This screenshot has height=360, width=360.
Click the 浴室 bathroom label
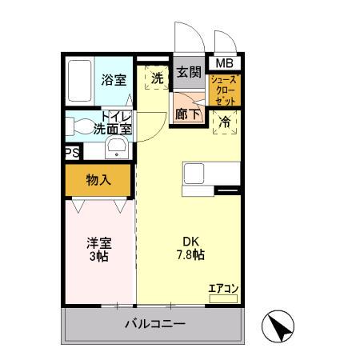click(x=113, y=79)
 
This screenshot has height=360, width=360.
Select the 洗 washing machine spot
click(x=158, y=78)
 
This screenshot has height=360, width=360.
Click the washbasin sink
click(x=116, y=146)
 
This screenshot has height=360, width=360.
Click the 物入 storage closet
click(x=98, y=180)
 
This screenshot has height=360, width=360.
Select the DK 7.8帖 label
click(x=190, y=248)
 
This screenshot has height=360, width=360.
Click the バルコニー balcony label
click(x=155, y=326)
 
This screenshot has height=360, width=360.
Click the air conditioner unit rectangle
click(x=223, y=298)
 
